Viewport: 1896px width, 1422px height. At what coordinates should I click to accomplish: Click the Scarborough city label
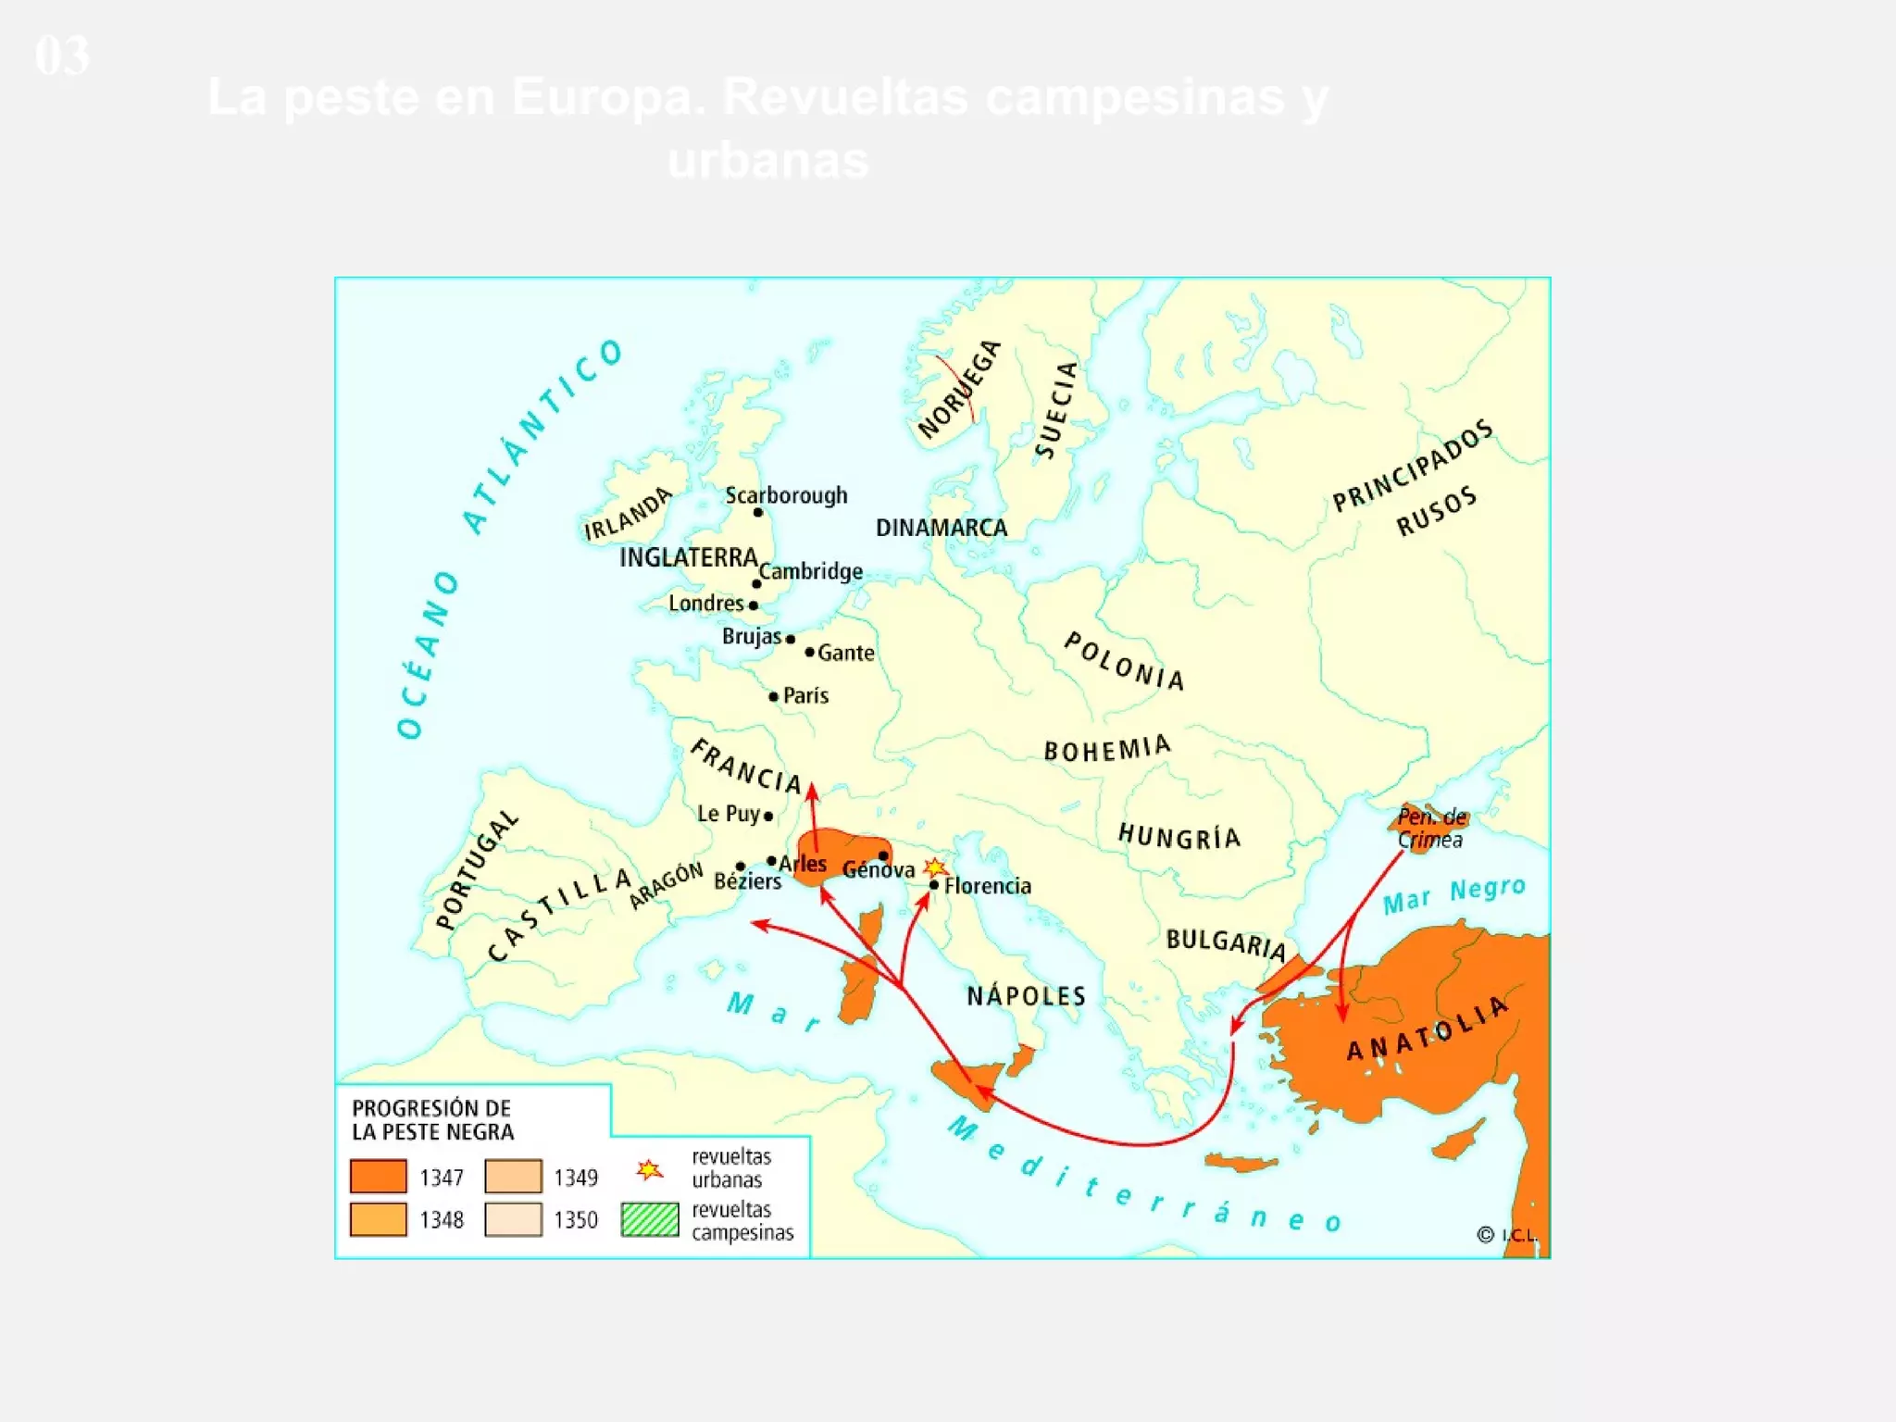coord(786,495)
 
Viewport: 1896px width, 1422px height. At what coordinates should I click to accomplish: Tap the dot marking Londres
coord(754,605)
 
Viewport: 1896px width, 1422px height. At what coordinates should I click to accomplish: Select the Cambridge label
coord(811,571)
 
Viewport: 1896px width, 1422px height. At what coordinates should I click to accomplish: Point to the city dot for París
coord(774,696)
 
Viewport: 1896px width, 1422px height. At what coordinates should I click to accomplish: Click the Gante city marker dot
coord(810,653)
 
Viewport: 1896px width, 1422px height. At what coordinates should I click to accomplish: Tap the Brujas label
coord(751,637)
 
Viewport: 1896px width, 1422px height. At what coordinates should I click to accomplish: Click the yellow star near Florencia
coord(936,867)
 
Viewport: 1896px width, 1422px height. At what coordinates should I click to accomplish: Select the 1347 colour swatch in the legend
coord(378,1177)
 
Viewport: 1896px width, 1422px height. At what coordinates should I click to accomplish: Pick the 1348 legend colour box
coord(378,1219)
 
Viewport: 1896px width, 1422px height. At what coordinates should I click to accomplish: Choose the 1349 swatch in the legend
coord(513,1177)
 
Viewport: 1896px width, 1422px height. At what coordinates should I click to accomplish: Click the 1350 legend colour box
coord(513,1219)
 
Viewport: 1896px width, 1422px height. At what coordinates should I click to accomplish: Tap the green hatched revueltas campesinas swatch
coord(650,1219)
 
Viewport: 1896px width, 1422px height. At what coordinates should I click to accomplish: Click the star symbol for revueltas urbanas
coord(650,1170)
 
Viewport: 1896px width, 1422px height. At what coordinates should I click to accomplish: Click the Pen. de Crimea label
coord(1431,829)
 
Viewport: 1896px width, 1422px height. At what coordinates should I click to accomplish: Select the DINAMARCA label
coord(942,528)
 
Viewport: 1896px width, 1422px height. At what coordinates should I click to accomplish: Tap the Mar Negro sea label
coord(1453,894)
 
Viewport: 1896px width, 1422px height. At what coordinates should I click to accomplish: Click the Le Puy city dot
coord(768,817)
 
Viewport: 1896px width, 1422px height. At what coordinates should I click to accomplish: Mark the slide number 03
coord(62,56)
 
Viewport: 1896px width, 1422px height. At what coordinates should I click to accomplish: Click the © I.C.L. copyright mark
coord(1506,1235)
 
